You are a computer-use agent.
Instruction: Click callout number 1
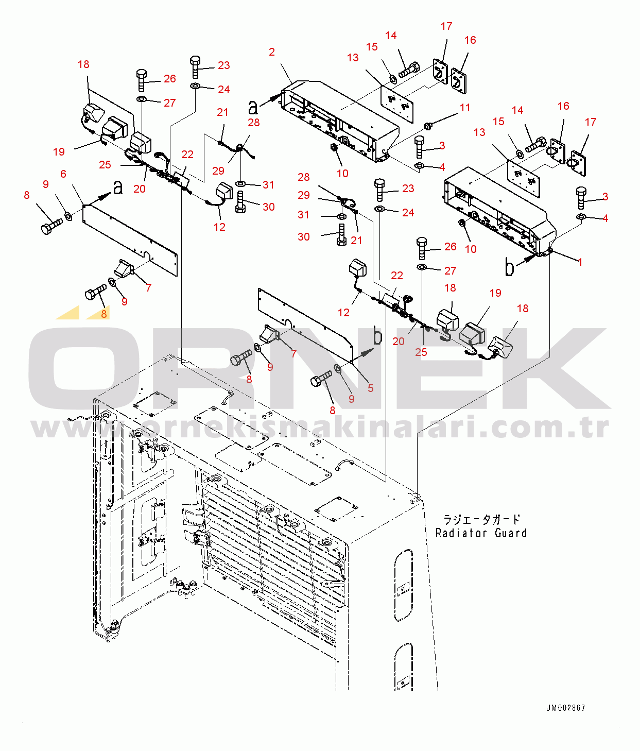coord(580,262)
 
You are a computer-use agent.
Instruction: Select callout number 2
coord(272,52)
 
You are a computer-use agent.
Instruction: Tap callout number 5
coord(370,388)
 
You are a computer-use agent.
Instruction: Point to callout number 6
coord(63,174)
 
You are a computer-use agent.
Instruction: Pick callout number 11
coord(465,108)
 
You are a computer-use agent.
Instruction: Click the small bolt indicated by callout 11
coord(427,125)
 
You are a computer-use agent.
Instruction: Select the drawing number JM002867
coord(565,708)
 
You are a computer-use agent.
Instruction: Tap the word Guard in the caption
coord(511,533)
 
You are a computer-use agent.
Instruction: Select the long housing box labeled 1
coord(499,211)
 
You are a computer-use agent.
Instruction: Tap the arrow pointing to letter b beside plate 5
coord(363,353)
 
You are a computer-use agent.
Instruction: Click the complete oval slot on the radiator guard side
coord(403,586)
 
